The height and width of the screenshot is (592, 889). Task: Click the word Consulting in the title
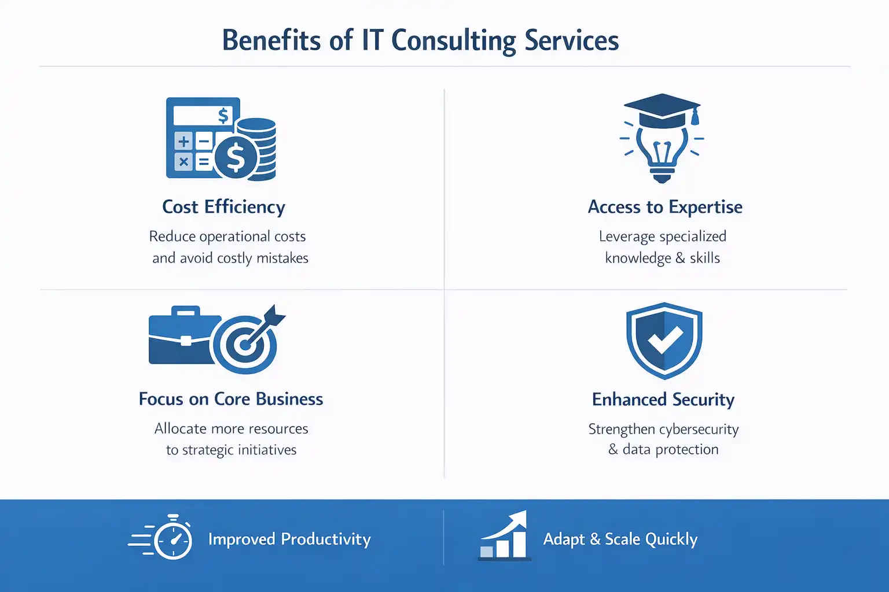(453, 41)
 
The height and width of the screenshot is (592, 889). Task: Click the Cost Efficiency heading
(223, 207)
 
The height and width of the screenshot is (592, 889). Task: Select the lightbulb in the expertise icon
(662, 151)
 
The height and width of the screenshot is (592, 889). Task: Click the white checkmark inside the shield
(664, 339)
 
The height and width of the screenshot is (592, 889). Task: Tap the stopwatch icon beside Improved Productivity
(173, 539)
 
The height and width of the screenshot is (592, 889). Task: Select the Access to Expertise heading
(665, 207)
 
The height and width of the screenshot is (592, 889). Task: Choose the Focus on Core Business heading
(231, 399)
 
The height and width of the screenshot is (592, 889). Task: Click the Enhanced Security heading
(663, 399)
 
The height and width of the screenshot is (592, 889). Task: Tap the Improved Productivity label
(289, 539)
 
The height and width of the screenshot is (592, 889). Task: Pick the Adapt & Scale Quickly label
(620, 539)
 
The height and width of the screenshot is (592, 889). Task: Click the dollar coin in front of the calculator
(236, 157)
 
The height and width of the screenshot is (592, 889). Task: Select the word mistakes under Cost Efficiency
(282, 258)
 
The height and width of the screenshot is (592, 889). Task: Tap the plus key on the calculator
(184, 141)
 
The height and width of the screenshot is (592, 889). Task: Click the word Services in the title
(572, 41)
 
